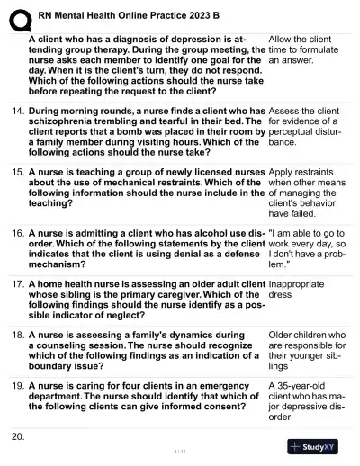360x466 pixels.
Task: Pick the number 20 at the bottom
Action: (17, 436)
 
